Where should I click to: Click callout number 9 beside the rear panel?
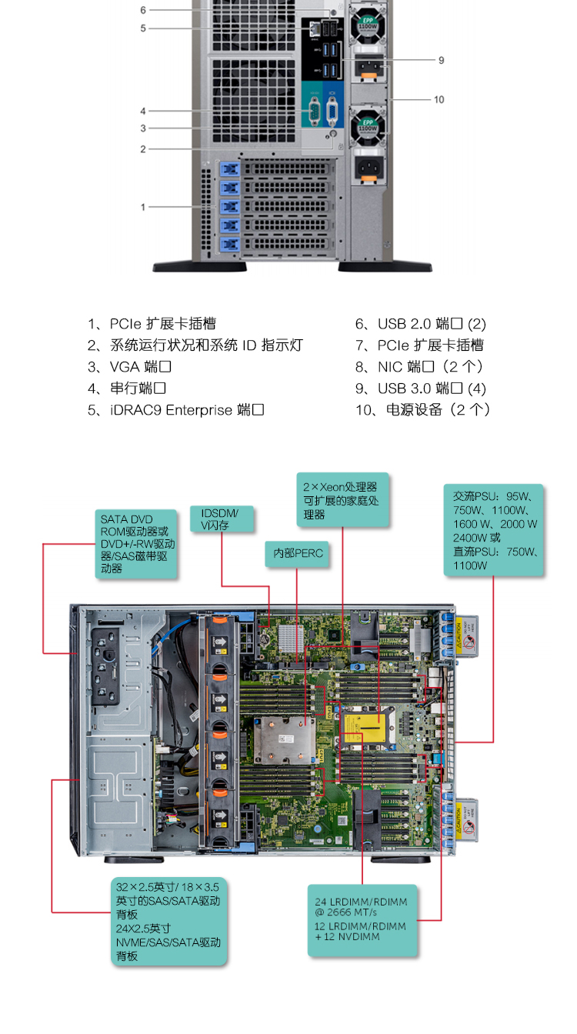(441, 60)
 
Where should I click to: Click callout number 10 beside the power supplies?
(439, 99)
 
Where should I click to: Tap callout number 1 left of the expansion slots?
(142, 207)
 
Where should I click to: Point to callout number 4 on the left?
(142, 111)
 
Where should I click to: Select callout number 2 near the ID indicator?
(142, 148)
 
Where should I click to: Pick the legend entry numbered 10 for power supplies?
(422, 410)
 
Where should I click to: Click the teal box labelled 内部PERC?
(297, 553)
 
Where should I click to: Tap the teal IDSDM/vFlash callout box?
(222, 519)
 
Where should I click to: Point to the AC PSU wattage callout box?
(494, 529)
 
